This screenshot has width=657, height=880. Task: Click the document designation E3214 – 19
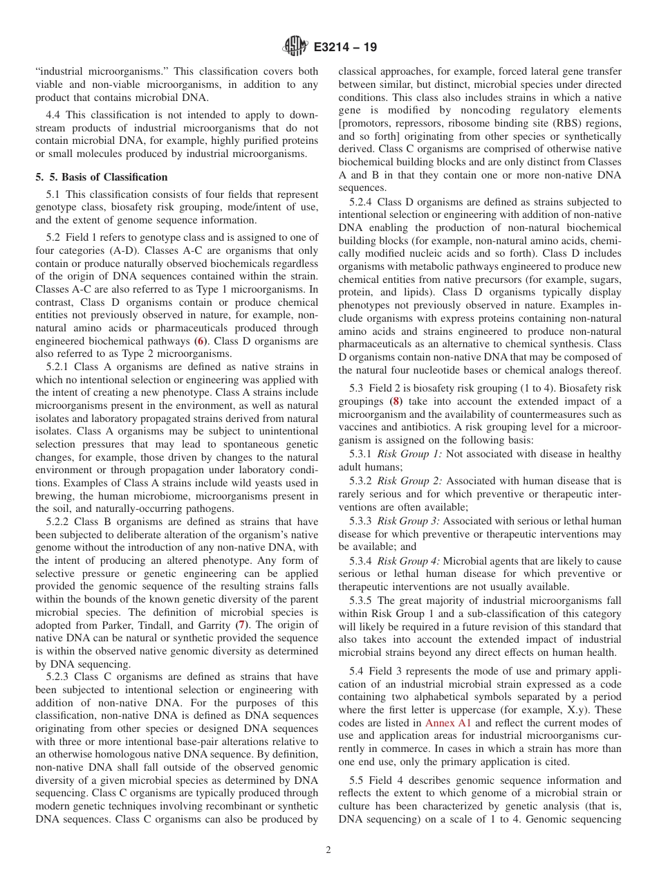345,48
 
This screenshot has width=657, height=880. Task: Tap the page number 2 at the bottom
328,850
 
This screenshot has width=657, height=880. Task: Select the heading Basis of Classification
115,177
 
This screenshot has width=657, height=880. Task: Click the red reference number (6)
201,342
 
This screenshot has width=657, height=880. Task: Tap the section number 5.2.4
362,202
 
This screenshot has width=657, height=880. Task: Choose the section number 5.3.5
362,601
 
